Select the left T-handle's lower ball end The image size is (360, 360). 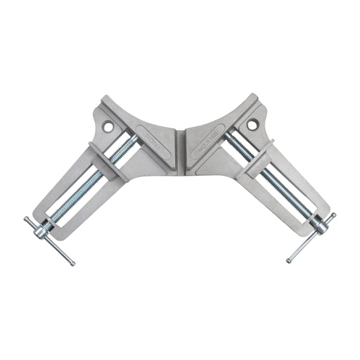point(72,264)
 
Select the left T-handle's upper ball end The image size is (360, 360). point(27,219)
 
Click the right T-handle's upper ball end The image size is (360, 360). point(333,215)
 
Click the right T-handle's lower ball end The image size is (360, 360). point(288,261)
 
